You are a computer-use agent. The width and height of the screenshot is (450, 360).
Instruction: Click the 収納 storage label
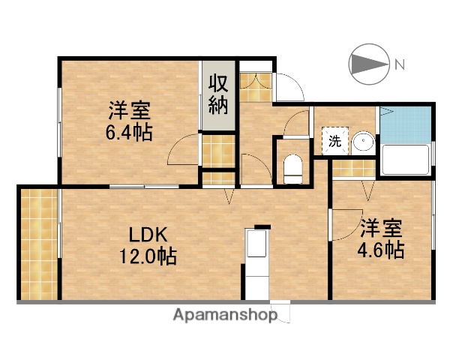[x=217, y=94]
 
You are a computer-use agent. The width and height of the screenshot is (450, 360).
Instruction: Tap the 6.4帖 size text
[x=129, y=134]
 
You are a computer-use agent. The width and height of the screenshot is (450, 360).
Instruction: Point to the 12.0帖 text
[x=147, y=256]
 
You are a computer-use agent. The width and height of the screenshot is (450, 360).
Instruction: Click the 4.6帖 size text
[x=380, y=250]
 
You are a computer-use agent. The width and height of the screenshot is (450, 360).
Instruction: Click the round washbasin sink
[x=363, y=141]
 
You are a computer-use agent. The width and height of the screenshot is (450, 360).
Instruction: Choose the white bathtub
[x=405, y=159]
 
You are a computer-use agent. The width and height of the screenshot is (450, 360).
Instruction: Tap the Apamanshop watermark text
[x=225, y=315]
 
